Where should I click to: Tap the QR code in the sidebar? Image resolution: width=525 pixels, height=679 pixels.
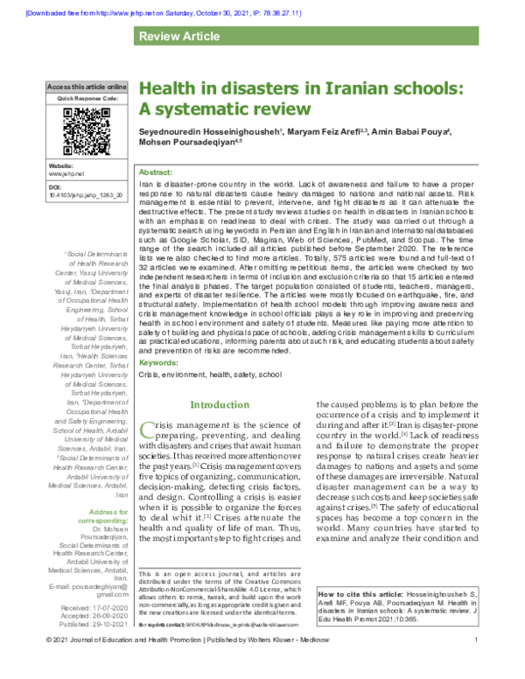tap(87, 129)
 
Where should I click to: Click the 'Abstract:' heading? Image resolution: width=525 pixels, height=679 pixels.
tap(156, 173)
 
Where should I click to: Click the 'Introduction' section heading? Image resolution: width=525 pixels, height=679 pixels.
tap(220, 404)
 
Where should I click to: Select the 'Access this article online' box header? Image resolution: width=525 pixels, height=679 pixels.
tap(87, 88)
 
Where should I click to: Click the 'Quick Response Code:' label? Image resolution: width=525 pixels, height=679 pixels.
tap(87, 99)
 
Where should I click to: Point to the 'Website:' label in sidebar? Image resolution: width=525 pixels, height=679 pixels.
tap(61, 166)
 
